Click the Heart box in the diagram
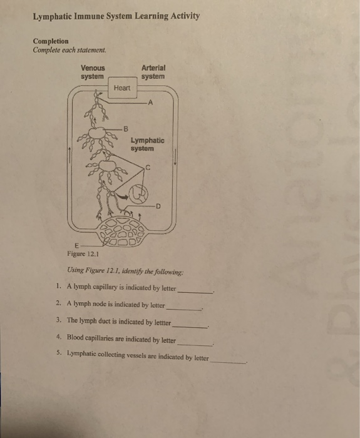pos(123,88)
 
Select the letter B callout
pos(126,129)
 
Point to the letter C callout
pos(148,167)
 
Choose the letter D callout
pos(158,205)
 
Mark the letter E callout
pos(76,245)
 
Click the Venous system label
pos(93,72)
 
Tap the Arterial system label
pos(153,72)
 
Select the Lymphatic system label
pos(148,145)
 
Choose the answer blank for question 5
pos(229,361)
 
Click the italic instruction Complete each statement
pos(70,50)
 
